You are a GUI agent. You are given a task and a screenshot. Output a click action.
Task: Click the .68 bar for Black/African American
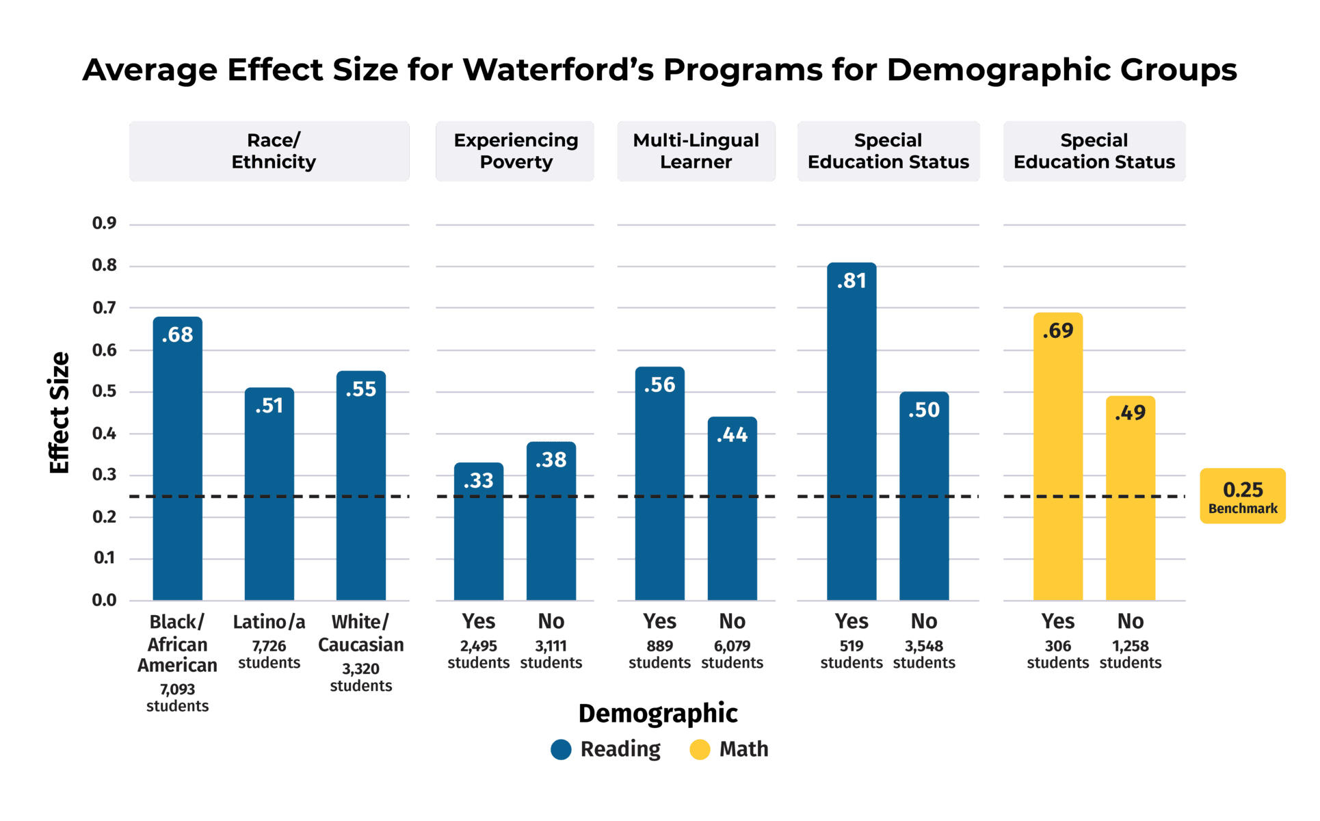pyautogui.click(x=178, y=458)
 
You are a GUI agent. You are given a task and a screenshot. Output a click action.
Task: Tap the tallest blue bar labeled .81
pyautogui.click(x=852, y=431)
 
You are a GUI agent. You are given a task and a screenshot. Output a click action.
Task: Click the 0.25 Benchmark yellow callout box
pyautogui.click(x=1243, y=496)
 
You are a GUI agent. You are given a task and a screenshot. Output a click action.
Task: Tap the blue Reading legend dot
pyautogui.click(x=561, y=750)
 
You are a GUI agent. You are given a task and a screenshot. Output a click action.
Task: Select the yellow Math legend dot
pyautogui.click(x=700, y=750)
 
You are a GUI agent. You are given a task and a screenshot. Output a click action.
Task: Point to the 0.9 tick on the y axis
pyautogui.click(x=105, y=223)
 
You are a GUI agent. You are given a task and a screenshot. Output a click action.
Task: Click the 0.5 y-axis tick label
pyautogui.click(x=105, y=391)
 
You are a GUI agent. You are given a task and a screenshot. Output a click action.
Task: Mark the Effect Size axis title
pyautogui.click(x=60, y=413)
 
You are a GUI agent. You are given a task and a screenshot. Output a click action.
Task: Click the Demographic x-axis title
pyautogui.click(x=658, y=714)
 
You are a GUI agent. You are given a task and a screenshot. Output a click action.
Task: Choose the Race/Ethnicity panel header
pyautogui.click(x=269, y=151)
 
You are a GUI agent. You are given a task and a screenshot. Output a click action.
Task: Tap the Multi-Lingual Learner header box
pyautogui.click(x=696, y=151)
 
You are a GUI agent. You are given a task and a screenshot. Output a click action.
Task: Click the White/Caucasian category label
pyautogui.click(x=361, y=633)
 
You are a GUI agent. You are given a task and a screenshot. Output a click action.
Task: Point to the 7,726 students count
pyautogui.click(x=269, y=654)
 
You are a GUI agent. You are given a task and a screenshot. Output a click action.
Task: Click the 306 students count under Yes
pyautogui.click(x=1058, y=654)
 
